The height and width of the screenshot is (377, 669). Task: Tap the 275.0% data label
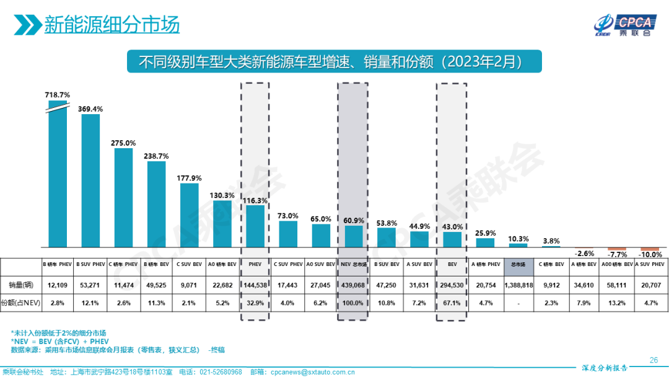coord(123,143)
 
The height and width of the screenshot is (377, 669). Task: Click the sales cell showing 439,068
coord(354,285)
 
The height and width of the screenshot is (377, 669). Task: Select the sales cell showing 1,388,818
coord(519,285)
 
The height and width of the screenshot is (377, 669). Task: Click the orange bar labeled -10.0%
coord(650,249)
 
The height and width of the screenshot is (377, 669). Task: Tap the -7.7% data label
coord(617,254)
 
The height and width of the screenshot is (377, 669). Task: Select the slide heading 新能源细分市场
coord(111,25)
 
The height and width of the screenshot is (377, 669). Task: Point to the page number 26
coord(653,360)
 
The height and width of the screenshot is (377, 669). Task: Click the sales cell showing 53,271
coord(90,285)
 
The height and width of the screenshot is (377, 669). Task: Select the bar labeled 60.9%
coord(354,236)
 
